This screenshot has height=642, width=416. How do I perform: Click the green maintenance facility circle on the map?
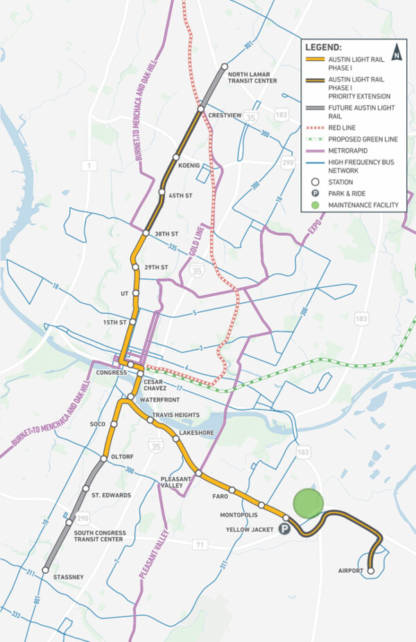pos(307,503)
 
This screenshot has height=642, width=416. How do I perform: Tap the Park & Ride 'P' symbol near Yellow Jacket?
pos(284,530)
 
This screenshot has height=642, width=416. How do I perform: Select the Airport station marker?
pos(370,571)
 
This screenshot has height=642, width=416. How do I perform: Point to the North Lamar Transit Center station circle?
pos(225,67)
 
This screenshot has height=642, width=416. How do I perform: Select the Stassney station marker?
pos(44,571)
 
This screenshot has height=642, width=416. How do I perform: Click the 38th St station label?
pos(167,234)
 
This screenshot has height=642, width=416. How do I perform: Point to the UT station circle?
pos(136,293)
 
